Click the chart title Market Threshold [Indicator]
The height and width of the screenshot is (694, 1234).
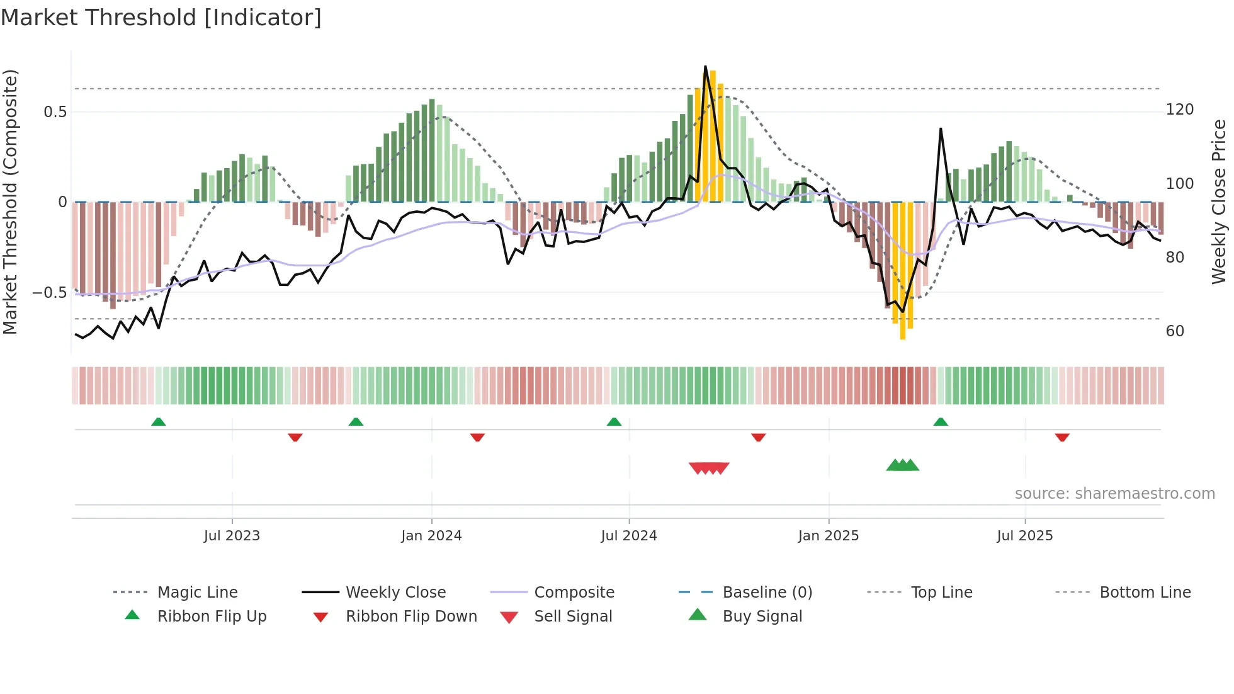pos(161,18)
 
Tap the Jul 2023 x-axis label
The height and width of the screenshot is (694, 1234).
pos(232,536)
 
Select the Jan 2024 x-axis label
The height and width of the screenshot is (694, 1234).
pos(431,536)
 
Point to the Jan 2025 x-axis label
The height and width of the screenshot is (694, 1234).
pos(828,536)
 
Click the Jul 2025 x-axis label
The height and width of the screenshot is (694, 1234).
pos(1024,536)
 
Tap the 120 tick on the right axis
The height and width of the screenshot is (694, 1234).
pos(1179,110)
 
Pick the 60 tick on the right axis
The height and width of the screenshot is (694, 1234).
pos(1175,331)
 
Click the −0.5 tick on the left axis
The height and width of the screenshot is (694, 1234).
pos(49,293)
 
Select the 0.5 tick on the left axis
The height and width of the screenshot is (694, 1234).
pos(55,112)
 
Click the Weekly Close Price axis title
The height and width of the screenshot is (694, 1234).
pos(1219,202)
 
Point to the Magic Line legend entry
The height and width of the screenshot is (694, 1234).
pos(197,593)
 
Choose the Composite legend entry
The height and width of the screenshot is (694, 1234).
pos(574,593)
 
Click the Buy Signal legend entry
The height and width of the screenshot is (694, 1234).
pos(762,617)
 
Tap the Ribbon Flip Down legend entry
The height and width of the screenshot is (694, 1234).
pos(410,617)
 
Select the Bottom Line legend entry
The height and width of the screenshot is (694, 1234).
pos(1145,593)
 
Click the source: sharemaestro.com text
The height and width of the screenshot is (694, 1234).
pos(1114,494)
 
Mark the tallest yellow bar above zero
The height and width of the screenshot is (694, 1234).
pos(713,135)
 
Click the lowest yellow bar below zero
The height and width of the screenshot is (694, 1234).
pos(903,271)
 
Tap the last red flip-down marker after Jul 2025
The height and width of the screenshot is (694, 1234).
pos(1062,437)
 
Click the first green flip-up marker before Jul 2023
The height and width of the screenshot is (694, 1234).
pos(159,422)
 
